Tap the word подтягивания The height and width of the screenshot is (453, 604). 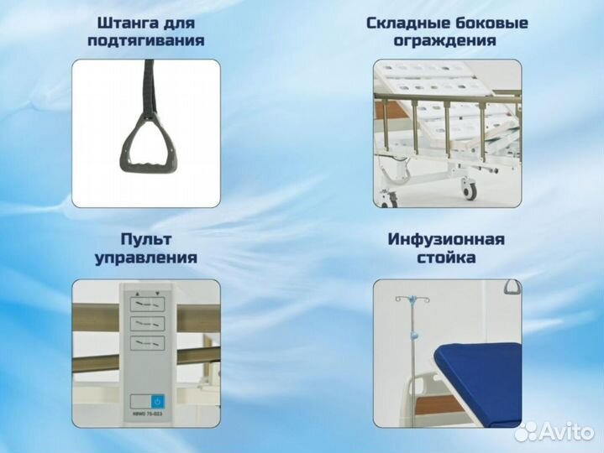146,40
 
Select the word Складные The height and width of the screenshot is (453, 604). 407,23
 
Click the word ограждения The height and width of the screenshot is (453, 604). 446,40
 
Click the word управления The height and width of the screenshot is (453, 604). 146,258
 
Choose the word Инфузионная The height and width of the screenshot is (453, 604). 446,240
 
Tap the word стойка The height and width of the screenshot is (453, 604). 446,258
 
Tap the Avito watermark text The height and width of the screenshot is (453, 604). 563,431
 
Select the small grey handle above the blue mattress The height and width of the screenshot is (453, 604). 512,287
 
